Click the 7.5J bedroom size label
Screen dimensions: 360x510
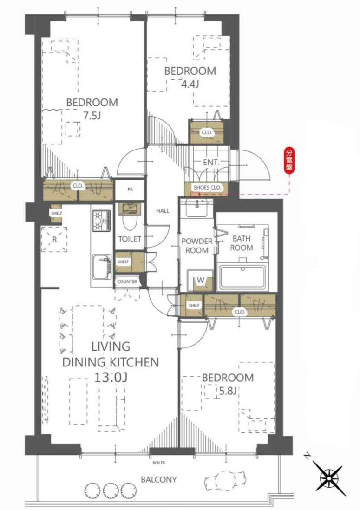[x=92, y=116]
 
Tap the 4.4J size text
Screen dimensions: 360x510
[x=190, y=85]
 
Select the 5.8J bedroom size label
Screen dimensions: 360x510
[x=227, y=391]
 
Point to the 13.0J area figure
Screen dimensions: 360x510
[x=111, y=377]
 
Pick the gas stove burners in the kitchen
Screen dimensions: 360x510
[x=102, y=221]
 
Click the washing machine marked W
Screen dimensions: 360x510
[x=200, y=280]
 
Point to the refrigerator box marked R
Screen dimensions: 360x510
[x=54, y=239]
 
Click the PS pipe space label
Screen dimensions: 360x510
[x=130, y=190]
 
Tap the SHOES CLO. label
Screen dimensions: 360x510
[x=207, y=188]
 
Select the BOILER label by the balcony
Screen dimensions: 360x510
[x=158, y=463]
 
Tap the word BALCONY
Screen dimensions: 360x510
[x=159, y=479]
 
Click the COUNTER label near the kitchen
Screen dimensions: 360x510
[x=127, y=281]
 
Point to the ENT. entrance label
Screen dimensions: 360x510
[x=211, y=162]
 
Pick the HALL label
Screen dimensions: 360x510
[x=163, y=211]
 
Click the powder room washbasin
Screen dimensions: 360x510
[x=197, y=208]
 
